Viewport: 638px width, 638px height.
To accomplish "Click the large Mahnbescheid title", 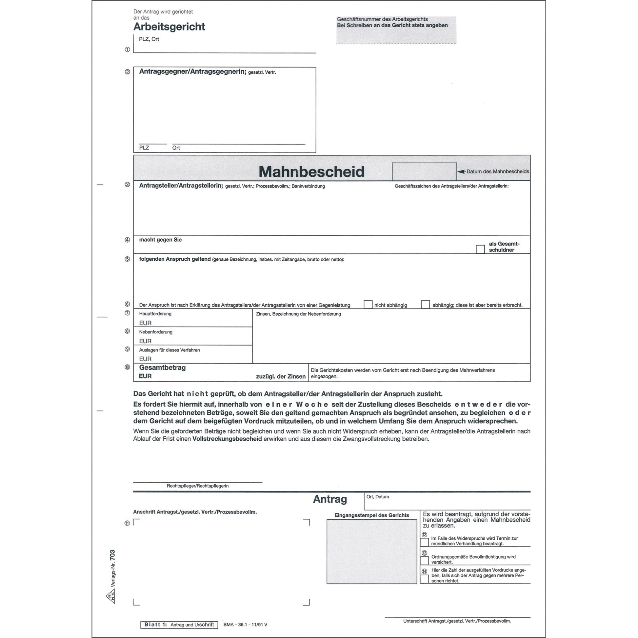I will click(x=311, y=172).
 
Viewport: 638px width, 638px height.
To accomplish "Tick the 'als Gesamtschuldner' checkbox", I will click(x=480, y=249).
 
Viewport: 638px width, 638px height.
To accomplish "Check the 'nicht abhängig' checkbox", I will click(x=368, y=304).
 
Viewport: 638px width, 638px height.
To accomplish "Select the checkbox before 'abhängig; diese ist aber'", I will click(x=425, y=304).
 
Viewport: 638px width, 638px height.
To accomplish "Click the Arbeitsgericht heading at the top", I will click(x=169, y=27).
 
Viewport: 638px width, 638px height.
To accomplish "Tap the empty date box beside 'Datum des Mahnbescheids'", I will click(x=424, y=171).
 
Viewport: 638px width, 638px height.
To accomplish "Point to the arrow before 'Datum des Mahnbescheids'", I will click(x=461, y=172).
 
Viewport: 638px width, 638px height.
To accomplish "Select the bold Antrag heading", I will click(x=329, y=499).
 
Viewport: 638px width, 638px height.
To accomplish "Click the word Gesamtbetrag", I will click(x=162, y=368).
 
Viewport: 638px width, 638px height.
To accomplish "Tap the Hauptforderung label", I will click(x=155, y=314).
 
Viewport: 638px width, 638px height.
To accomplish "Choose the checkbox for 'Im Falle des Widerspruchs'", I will click(x=424, y=542).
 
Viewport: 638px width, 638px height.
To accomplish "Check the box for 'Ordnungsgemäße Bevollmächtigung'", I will click(x=424, y=560).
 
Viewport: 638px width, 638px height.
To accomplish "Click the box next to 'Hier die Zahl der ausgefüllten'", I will click(x=424, y=579).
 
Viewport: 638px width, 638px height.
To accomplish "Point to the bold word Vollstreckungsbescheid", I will click(x=227, y=439).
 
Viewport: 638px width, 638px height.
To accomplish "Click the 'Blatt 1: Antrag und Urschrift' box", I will click(x=179, y=625).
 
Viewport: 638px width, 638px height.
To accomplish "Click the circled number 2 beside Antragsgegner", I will click(x=128, y=72).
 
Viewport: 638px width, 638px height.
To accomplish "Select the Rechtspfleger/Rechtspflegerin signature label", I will click(x=197, y=486).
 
